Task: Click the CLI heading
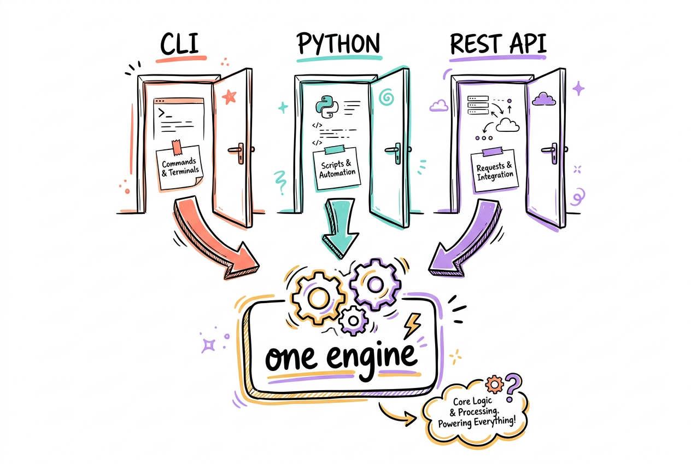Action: click(x=179, y=44)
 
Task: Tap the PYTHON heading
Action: click(x=339, y=44)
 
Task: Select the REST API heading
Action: click(x=498, y=44)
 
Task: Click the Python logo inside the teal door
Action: click(x=327, y=107)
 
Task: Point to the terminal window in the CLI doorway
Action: click(x=179, y=119)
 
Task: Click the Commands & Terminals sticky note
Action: click(x=179, y=166)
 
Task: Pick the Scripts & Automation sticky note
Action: click(x=337, y=167)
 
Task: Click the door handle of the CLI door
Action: click(x=238, y=152)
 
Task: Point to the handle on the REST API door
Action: click(x=552, y=152)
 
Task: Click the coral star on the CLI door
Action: click(x=229, y=97)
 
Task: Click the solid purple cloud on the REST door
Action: click(x=544, y=99)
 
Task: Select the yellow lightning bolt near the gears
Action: click(x=413, y=325)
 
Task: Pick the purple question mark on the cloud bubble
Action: click(x=513, y=387)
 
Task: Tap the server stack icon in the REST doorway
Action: click(x=478, y=105)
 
